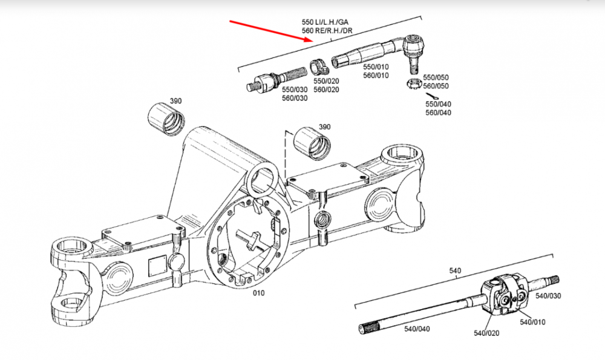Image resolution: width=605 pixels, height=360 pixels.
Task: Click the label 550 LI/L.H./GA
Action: [x=325, y=22]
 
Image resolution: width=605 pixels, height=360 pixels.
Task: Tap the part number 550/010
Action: [x=376, y=67]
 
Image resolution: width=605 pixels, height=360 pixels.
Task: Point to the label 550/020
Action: [x=326, y=81]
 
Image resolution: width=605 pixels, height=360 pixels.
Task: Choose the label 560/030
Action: [x=295, y=98]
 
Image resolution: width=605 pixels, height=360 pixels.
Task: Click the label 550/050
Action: [x=436, y=77]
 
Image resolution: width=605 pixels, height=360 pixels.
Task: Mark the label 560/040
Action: [x=438, y=113]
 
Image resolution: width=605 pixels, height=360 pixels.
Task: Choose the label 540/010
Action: [x=532, y=322]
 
